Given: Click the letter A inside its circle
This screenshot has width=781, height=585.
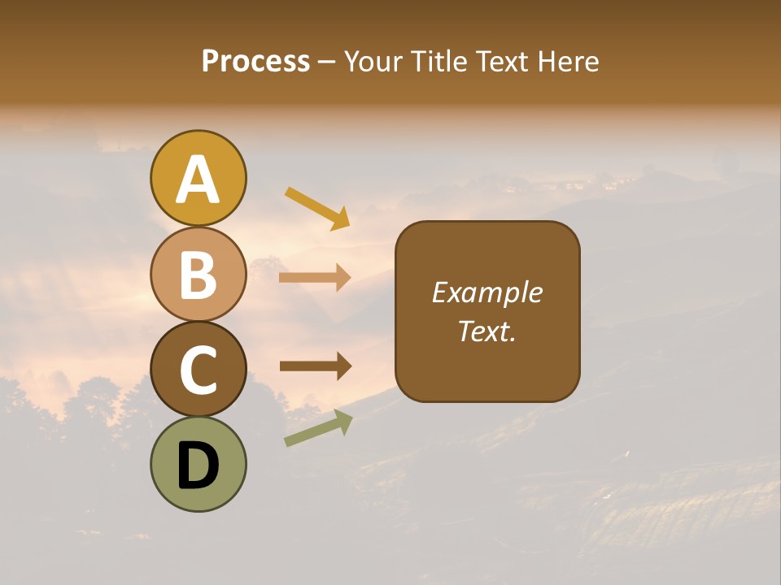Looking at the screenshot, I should pyautogui.click(x=198, y=180).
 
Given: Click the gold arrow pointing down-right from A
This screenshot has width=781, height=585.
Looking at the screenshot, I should pyautogui.click(x=317, y=208).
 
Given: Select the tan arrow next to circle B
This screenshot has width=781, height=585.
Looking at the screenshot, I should pyautogui.click(x=315, y=278).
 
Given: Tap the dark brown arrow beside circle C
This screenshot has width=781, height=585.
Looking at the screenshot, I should pyautogui.click(x=316, y=366).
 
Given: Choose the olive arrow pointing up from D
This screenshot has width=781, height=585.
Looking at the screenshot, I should pyautogui.click(x=318, y=428).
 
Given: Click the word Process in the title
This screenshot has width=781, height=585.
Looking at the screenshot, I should pyautogui.click(x=255, y=62).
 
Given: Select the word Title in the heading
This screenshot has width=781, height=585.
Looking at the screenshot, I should pyautogui.click(x=439, y=62).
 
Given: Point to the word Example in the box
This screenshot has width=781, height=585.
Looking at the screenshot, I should pyautogui.click(x=486, y=292).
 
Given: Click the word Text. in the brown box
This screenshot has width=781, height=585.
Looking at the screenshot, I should pyautogui.click(x=486, y=331).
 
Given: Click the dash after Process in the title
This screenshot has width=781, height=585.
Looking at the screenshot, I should pyautogui.click(x=326, y=62).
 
